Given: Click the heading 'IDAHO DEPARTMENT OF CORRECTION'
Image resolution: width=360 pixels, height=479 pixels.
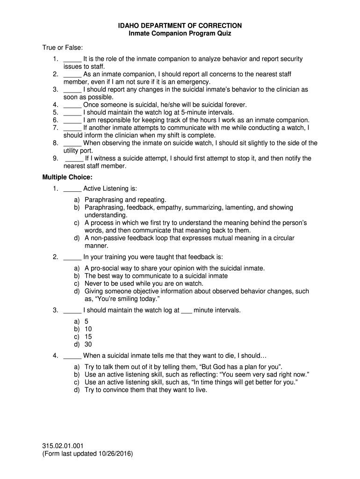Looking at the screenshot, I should tap(180, 26).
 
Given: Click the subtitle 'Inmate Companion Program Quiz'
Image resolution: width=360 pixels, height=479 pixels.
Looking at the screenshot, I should tap(180, 34).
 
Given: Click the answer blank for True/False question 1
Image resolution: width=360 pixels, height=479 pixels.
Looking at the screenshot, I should tap(72, 59).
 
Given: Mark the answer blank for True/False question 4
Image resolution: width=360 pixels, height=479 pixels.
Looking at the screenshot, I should tap(72, 105).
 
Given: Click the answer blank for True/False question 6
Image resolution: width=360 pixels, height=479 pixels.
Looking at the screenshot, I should tap(72, 120).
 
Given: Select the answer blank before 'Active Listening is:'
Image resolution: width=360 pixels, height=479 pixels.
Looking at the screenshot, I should tap(72, 189).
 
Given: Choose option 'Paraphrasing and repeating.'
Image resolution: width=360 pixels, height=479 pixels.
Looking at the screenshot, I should tap(125, 200).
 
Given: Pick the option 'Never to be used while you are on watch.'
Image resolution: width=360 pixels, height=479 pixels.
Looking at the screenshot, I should tap(144, 283).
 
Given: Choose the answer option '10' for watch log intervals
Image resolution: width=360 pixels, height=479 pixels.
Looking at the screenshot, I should tap(88, 329).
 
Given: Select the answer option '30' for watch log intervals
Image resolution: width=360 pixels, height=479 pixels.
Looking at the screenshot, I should tap(88, 345).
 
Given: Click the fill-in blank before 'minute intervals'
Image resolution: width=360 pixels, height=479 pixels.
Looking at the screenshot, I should tap(186, 310).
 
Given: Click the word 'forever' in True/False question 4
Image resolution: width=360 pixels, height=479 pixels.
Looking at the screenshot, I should tap(235, 105).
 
